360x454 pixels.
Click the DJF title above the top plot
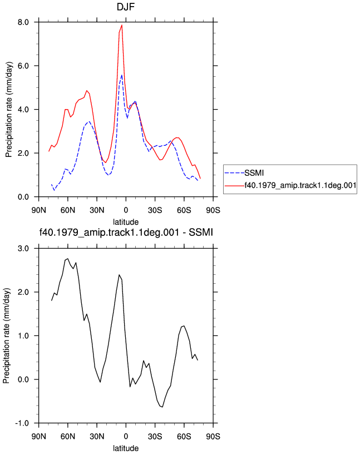coord(126,7)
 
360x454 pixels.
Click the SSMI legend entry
coord(254,173)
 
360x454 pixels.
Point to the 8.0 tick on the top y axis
coord(23,22)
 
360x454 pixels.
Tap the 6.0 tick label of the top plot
coord(23,66)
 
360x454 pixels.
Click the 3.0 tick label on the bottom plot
coord(23,249)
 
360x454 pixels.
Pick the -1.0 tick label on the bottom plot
coord(22,423)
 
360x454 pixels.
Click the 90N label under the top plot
coord(39,210)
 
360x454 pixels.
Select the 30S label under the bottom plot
coord(155,436)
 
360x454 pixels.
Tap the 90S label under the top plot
coord(213,210)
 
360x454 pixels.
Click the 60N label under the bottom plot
coord(68,436)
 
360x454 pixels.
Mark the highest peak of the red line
coord(122,25)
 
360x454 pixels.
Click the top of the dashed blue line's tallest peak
coord(122,75)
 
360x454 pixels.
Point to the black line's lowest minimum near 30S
coord(162,407)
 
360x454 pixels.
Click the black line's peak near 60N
coord(68,259)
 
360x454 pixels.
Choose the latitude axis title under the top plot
coord(126,222)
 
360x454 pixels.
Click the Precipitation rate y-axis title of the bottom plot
coord(6,335)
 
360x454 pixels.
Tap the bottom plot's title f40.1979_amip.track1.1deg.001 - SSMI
coord(126,232)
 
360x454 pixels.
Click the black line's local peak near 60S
coord(184,325)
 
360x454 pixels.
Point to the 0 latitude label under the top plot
coord(126,210)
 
